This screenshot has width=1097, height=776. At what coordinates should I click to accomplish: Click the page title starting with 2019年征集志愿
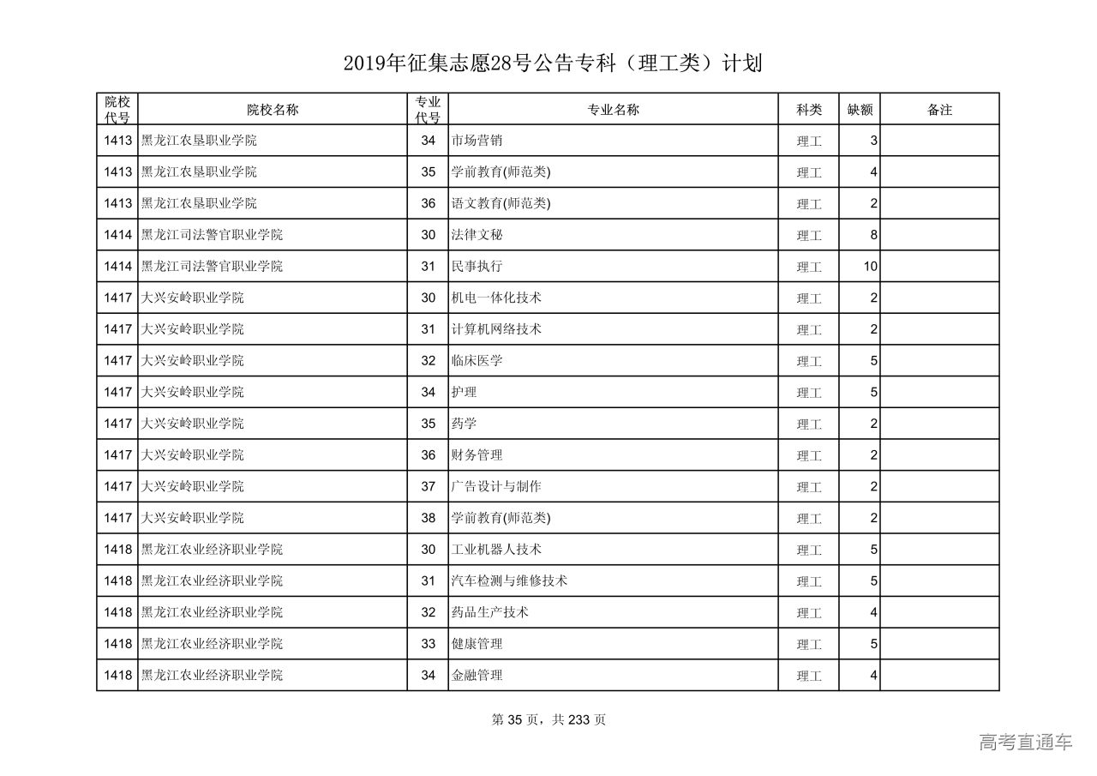[x=553, y=63]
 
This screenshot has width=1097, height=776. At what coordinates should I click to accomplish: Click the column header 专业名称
[x=613, y=110]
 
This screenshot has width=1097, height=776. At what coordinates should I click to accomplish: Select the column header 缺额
[x=860, y=110]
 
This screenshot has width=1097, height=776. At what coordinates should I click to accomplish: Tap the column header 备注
[x=939, y=110]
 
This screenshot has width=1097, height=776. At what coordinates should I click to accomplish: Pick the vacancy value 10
[x=870, y=267]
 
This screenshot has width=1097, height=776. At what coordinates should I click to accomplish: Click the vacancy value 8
[x=873, y=235]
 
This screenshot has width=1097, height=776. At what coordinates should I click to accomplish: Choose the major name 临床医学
[x=477, y=361]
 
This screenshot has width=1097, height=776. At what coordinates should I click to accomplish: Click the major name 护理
[x=464, y=392]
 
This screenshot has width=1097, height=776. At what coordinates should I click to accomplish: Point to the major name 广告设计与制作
[x=496, y=486]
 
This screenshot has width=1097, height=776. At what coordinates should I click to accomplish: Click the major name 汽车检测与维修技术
[x=509, y=580]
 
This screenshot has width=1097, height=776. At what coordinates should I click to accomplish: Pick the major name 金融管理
[x=477, y=676]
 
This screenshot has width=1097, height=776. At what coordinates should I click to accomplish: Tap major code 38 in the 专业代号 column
[x=429, y=518]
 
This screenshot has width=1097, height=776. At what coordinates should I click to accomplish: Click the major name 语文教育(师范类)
[x=501, y=203]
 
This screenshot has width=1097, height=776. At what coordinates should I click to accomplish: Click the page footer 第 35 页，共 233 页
[x=548, y=720]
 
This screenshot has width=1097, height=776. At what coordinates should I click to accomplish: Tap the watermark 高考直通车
[x=1025, y=743]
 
